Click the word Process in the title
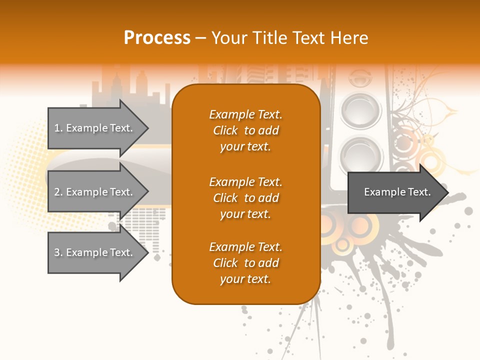(x=157, y=38)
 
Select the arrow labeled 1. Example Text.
(x=95, y=128)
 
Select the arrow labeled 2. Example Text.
(x=95, y=192)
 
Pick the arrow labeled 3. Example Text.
(x=95, y=252)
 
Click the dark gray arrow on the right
(x=395, y=192)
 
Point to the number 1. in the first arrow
(x=58, y=128)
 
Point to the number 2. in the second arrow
(x=58, y=192)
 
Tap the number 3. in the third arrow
(x=58, y=252)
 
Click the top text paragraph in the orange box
(x=245, y=130)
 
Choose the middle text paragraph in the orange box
(x=245, y=198)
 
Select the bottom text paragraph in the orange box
(x=245, y=263)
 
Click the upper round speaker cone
(x=361, y=108)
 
